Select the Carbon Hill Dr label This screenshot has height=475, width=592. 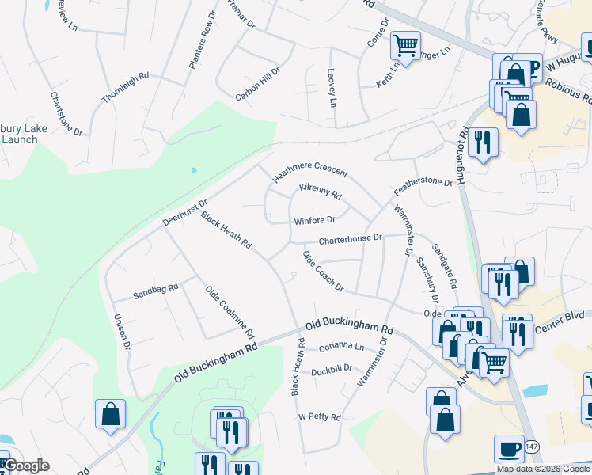[x=258, y=85]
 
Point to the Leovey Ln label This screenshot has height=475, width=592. [x=332, y=88]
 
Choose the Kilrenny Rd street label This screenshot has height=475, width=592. [x=320, y=192]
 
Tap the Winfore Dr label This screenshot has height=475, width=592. [x=315, y=221]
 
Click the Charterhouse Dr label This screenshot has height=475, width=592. [x=351, y=238]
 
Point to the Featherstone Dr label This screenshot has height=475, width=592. [x=423, y=187]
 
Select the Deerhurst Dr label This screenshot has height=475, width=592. [x=184, y=211]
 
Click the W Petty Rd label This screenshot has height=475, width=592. [x=319, y=417]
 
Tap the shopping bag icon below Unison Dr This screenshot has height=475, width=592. [x=110, y=412]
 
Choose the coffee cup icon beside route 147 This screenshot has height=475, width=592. [x=509, y=448]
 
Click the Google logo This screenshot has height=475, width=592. [x=26, y=465]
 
